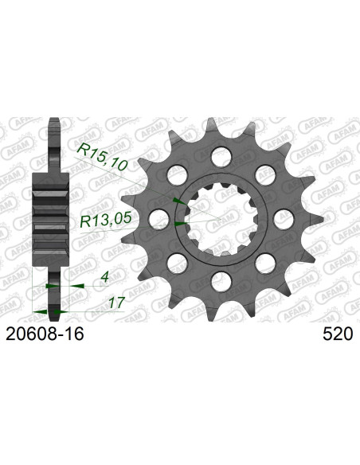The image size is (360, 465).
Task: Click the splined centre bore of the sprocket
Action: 217,217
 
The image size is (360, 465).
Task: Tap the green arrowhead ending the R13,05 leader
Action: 178,225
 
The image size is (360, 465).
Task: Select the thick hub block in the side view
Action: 49,217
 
